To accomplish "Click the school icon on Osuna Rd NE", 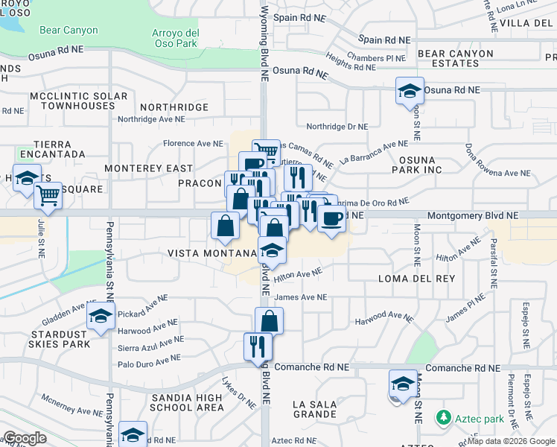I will [410, 91].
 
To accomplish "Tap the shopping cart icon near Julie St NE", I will [48, 197].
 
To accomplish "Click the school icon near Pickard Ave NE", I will [101, 317].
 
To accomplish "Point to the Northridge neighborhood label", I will [174, 107].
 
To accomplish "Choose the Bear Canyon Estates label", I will [455, 58].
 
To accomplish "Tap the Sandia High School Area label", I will [187, 402].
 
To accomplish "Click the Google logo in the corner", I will [24, 437].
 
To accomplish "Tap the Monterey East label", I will [148, 168].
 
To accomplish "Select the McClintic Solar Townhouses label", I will [78, 101].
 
